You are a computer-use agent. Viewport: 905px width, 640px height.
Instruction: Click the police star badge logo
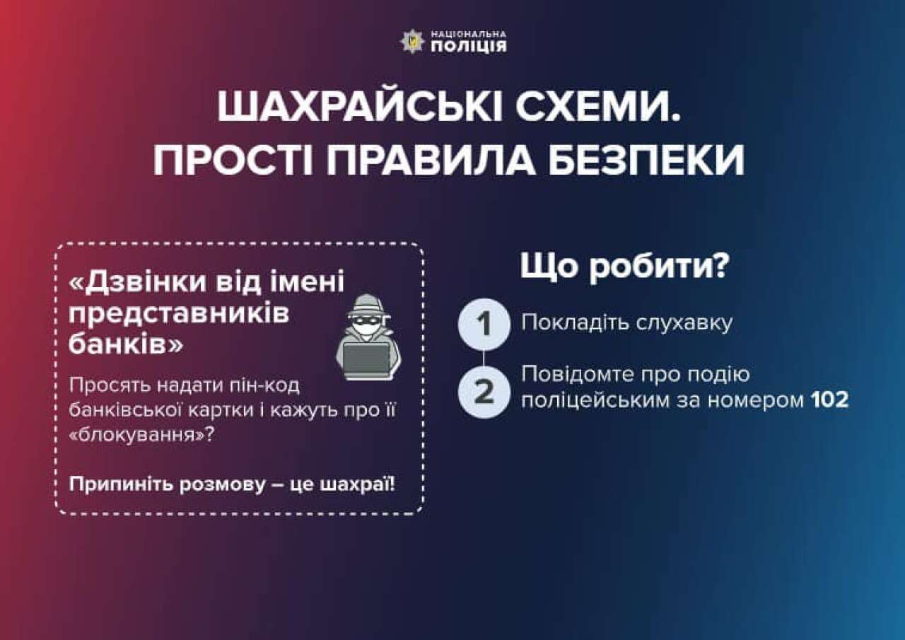pos(412,42)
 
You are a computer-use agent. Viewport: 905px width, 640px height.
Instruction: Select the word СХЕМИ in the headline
pos(599,107)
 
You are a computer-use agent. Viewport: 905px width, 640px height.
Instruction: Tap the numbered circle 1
pos(484,324)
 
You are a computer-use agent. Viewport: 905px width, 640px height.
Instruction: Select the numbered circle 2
pos(484,392)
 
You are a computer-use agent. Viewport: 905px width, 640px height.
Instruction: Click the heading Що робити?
pos(625,267)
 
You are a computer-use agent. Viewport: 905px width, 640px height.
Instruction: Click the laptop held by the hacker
pos(366,359)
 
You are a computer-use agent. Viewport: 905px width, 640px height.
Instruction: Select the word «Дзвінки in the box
pos(138,281)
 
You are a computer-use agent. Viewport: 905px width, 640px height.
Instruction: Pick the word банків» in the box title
pos(126,344)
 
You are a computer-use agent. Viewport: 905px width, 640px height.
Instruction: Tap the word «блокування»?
pos(141,435)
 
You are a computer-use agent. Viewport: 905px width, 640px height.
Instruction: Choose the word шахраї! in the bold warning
pos(358,484)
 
